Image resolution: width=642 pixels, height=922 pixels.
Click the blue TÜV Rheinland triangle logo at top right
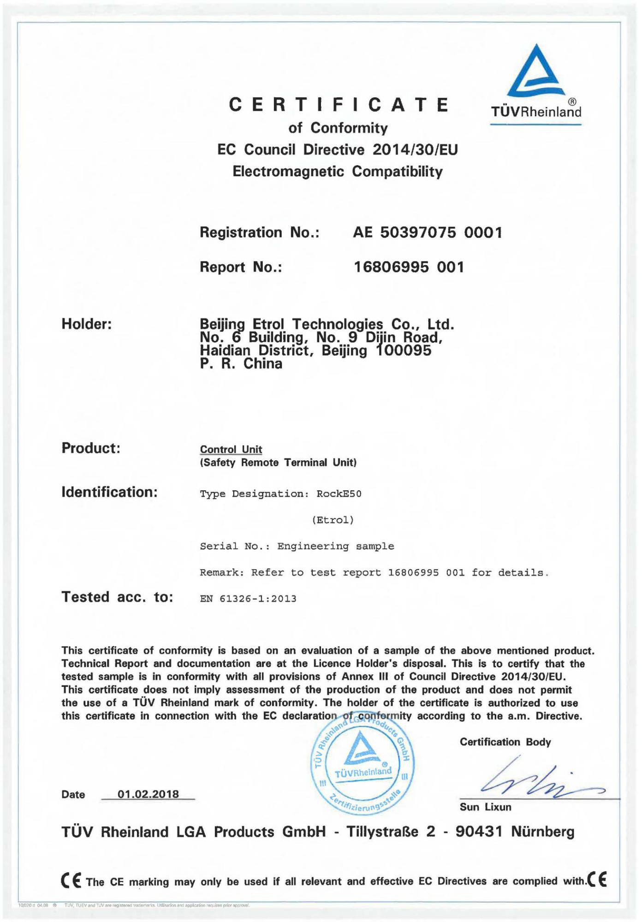[535, 71]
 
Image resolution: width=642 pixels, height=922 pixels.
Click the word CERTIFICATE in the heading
[339, 105]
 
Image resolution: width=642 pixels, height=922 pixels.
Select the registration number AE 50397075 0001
[427, 232]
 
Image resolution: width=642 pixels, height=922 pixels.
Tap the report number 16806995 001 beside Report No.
[409, 267]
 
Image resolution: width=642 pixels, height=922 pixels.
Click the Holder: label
[87, 324]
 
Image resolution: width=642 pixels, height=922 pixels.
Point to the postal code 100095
[404, 351]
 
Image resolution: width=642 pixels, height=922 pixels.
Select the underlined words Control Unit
[231, 449]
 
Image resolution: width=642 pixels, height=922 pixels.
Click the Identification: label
[109, 492]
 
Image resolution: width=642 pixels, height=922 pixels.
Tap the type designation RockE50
[339, 494]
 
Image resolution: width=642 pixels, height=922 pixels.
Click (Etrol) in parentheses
[333, 520]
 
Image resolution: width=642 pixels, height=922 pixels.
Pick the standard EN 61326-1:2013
[248, 599]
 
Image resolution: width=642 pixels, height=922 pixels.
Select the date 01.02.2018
[148, 794]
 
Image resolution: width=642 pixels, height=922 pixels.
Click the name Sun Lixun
[485, 807]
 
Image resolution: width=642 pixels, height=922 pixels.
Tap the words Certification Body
[505, 742]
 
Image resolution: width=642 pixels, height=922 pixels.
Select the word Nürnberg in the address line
[542, 832]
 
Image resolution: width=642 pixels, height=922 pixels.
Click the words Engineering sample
[335, 547]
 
